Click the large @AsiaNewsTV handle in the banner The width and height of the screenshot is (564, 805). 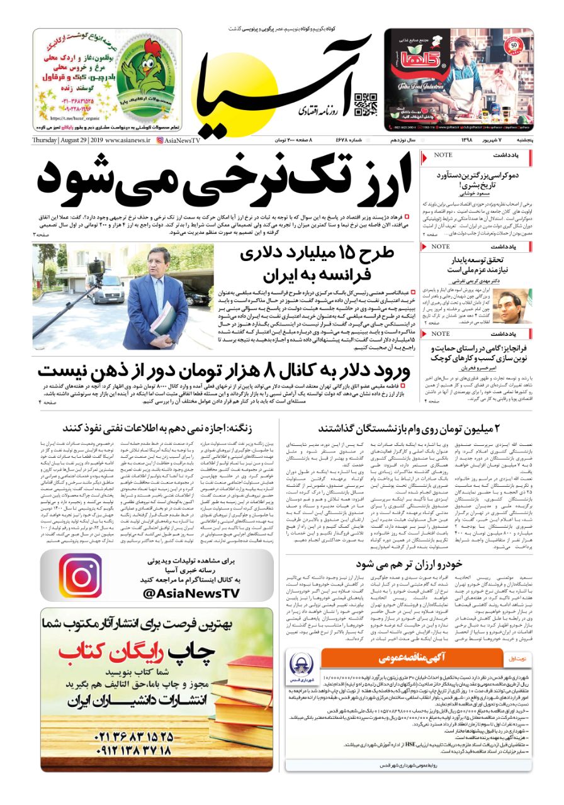191,593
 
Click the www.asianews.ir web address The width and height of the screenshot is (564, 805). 128,140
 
